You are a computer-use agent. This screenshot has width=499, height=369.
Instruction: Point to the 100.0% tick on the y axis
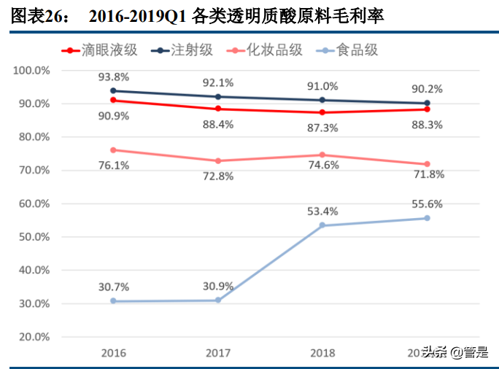(31, 71)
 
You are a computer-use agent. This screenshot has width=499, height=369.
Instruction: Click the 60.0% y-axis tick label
(31, 203)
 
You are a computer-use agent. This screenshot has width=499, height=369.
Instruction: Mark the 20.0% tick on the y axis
(31, 337)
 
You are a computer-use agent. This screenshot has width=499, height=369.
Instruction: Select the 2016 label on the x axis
(113, 353)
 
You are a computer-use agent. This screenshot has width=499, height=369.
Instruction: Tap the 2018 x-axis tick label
(322, 353)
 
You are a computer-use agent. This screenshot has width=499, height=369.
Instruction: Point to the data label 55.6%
(427, 204)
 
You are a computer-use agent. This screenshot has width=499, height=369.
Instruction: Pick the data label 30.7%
(113, 287)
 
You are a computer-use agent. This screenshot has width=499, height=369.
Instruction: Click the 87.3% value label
(322, 127)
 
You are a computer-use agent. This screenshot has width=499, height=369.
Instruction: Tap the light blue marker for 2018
(322, 225)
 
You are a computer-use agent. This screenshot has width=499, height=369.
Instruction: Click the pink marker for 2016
(113, 149)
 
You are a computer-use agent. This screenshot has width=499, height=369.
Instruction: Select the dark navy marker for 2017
(217, 96)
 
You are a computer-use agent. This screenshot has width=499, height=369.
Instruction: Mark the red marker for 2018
(322, 112)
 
